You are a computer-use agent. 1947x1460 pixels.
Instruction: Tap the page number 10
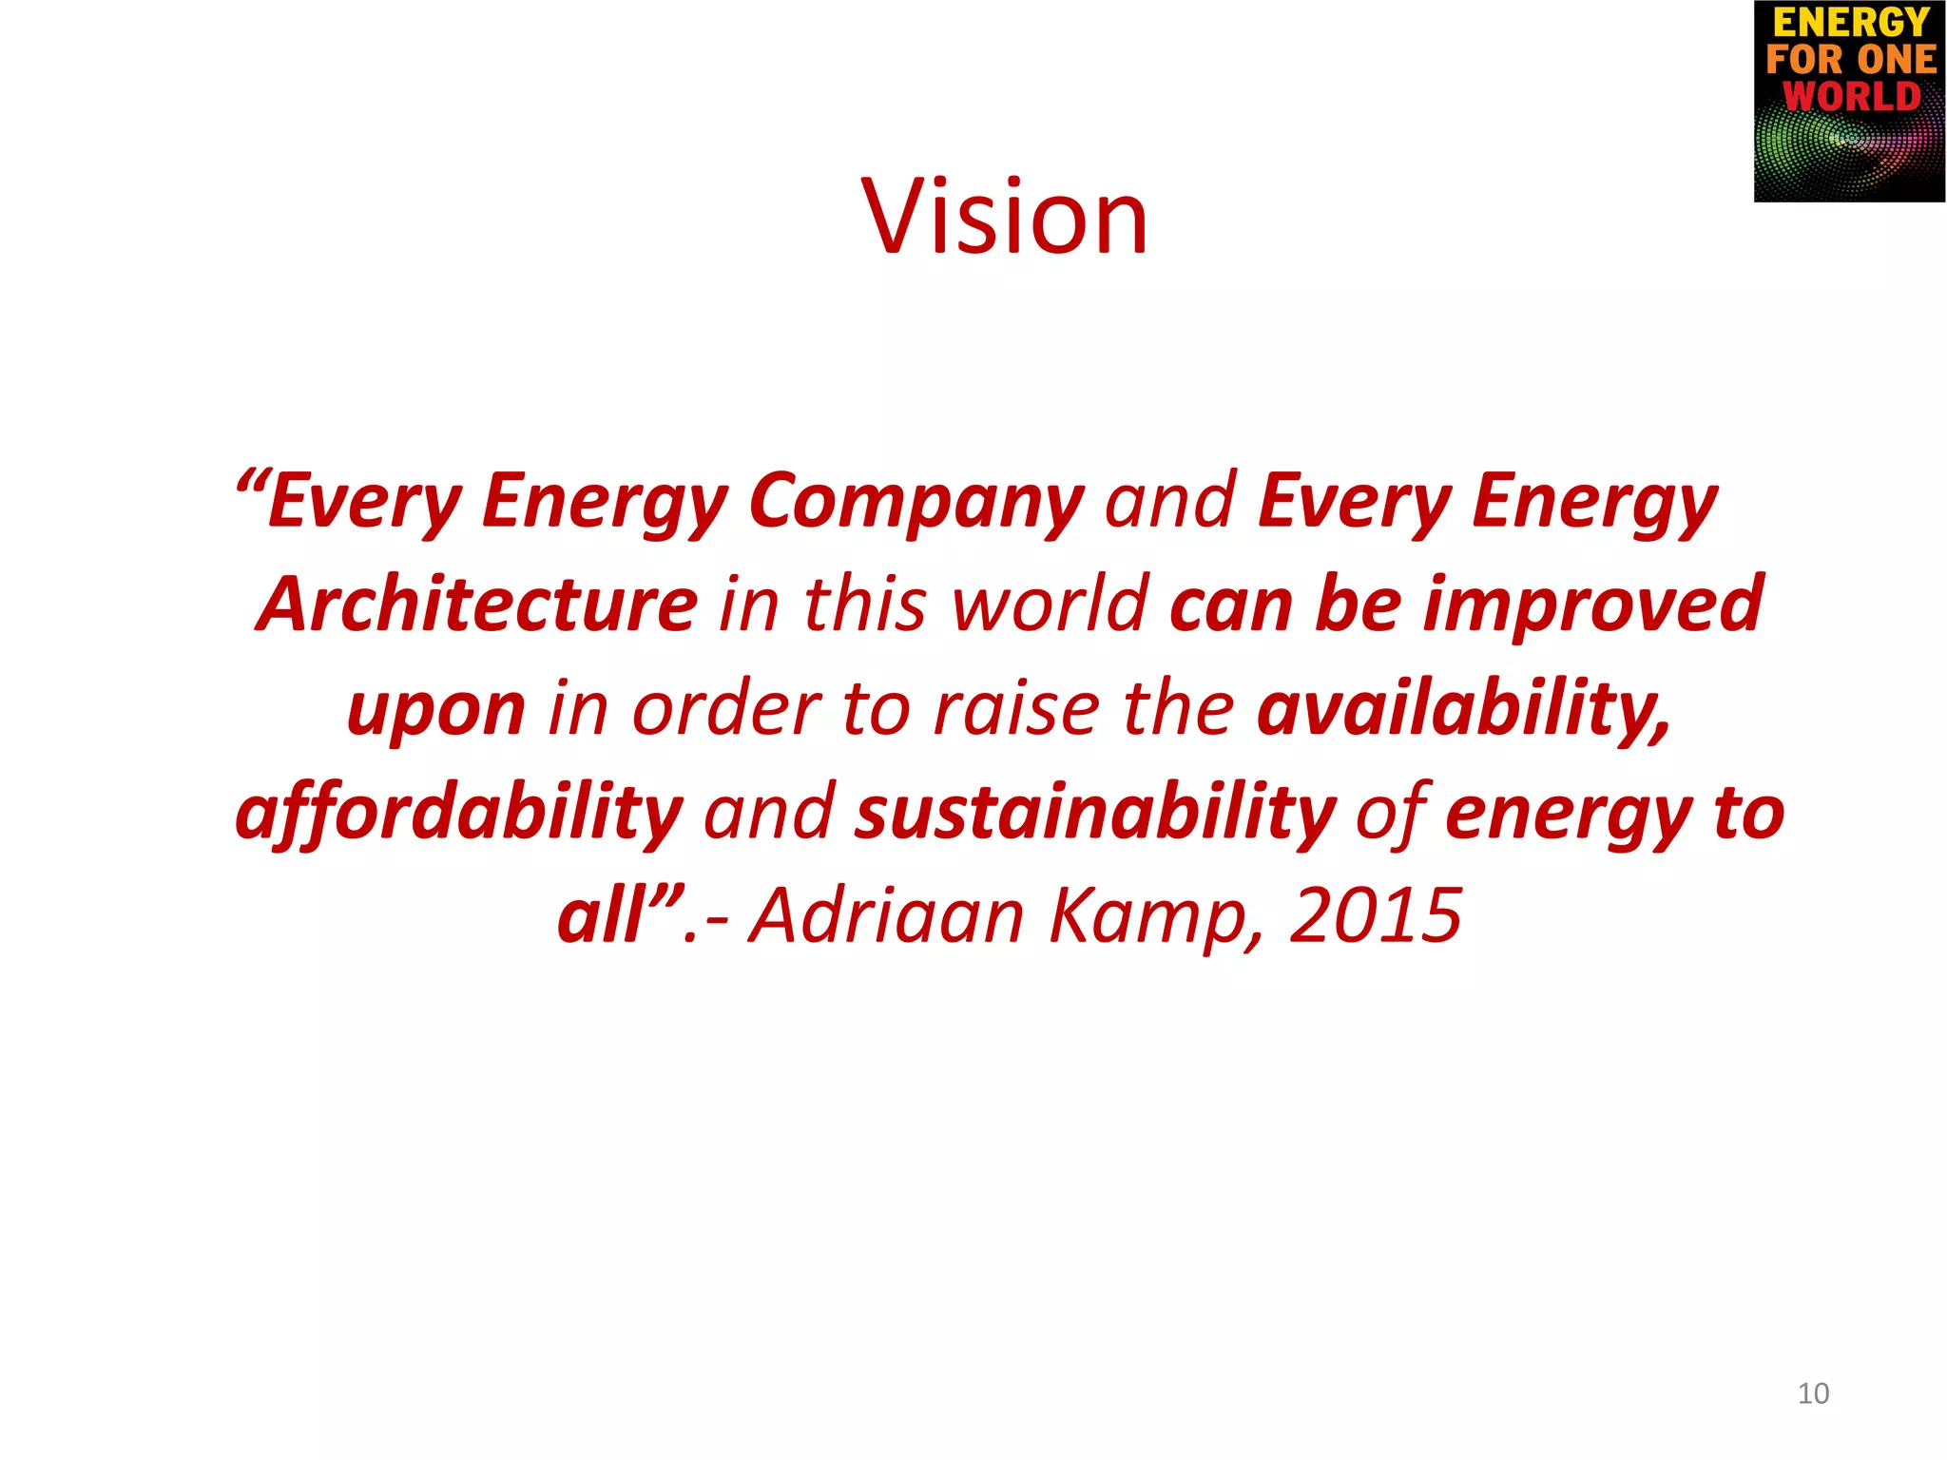(1813, 1393)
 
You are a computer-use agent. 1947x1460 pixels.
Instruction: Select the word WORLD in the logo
(1850, 97)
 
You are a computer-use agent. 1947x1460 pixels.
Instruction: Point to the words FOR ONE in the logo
(1850, 59)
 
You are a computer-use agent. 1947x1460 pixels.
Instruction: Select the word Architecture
(477, 605)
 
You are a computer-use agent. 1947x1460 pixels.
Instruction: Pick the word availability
(1462, 709)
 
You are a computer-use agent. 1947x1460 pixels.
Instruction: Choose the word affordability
(459, 814)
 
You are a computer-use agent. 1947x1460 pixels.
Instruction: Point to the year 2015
(1375, 915)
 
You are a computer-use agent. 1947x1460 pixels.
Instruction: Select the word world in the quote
(1051, 605)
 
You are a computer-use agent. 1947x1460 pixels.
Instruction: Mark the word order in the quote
(727, 709)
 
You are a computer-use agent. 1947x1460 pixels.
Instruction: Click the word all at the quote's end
(603, 915)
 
